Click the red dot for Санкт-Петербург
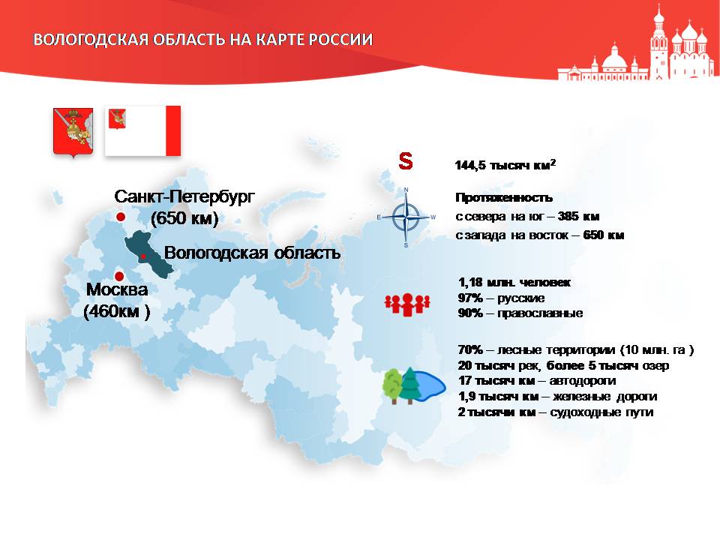120,217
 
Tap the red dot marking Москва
119,277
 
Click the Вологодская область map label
252,253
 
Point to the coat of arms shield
73,133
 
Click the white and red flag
142,130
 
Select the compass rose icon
406,217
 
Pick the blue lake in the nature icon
428,385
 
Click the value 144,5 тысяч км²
505,165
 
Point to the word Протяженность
504,198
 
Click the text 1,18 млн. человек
514,282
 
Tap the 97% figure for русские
470,298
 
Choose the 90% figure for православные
470,313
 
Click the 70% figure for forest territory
470,349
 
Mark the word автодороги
583,381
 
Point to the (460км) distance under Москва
117,311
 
